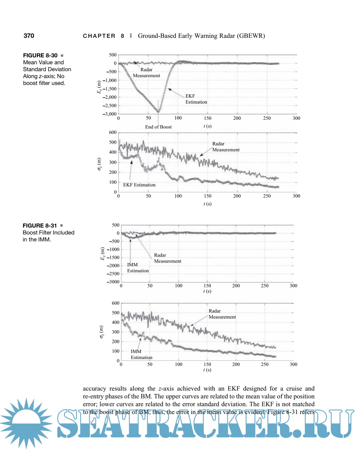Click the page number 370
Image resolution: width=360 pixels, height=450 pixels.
[29, 36]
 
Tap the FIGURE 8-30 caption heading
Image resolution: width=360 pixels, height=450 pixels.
[40, 56]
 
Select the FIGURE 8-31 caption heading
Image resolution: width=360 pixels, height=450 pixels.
[40, 226]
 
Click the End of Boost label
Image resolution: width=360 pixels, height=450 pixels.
[158, 127]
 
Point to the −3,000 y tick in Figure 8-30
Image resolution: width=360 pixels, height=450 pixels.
[110, 114]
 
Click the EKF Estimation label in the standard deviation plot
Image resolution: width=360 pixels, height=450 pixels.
[139, 185]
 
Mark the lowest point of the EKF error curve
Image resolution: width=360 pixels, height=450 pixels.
[158, 112]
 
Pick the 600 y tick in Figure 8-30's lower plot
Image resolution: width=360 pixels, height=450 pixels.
[113, 132]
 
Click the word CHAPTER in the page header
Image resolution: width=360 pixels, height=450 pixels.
[99, 36]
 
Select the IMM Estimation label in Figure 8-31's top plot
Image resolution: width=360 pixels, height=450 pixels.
[138, 268]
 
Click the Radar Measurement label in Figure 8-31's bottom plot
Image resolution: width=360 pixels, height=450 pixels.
[222, 314]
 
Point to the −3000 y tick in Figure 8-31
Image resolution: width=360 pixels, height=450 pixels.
[113, 282]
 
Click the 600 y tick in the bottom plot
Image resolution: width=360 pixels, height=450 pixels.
[116, 303]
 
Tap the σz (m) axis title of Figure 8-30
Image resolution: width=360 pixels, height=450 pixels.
[99, 164]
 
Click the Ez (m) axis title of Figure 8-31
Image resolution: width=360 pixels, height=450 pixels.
[102, 254]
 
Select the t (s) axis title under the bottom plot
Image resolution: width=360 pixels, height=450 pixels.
[207, 370]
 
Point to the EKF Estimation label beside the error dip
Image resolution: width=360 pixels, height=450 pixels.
[196, 99]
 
